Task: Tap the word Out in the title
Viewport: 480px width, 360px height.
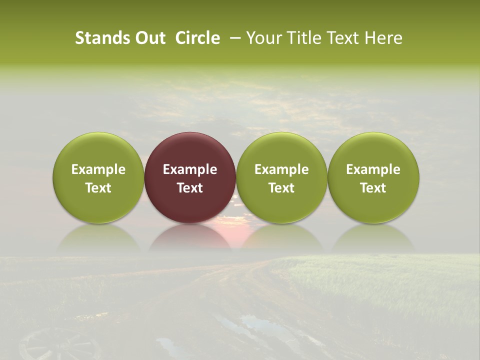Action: click(x=149, y=38)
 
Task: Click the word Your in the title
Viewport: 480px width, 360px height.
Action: click(x=264, y=38)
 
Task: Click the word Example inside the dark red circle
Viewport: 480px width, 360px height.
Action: click(x=190, y=169)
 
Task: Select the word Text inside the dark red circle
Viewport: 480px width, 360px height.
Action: click(x=190, y=188)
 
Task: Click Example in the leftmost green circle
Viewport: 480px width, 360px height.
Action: click(x=98, y=169)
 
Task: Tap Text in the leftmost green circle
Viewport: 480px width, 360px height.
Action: click(x=98, y=188)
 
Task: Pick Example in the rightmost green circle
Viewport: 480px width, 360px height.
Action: click(x=373, y=169)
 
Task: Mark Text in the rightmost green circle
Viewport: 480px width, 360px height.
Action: click(x=373, y=188)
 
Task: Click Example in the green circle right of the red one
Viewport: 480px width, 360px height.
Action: click(x=281, y=169)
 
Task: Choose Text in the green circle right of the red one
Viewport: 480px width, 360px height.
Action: click(x=281, y=188)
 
